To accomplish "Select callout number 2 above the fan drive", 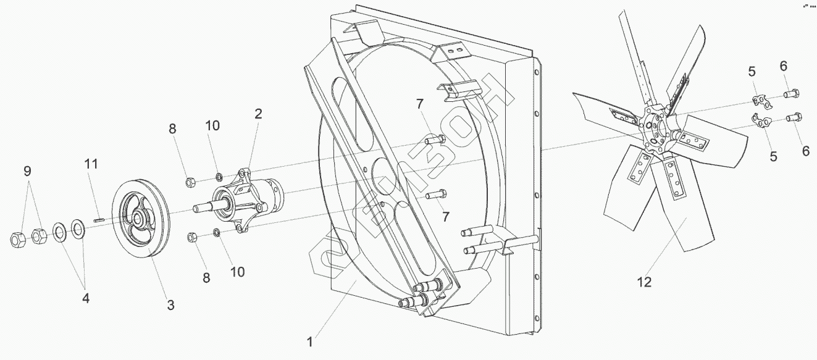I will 258,114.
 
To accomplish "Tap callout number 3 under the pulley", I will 170,304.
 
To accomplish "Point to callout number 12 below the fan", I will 645,282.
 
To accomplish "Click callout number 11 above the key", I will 92,164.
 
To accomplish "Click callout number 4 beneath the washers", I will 86,298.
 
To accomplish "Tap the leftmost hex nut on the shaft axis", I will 17,238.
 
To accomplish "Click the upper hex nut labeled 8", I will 191,182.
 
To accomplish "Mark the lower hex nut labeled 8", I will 192,237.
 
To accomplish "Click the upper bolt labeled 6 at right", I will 792,94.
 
